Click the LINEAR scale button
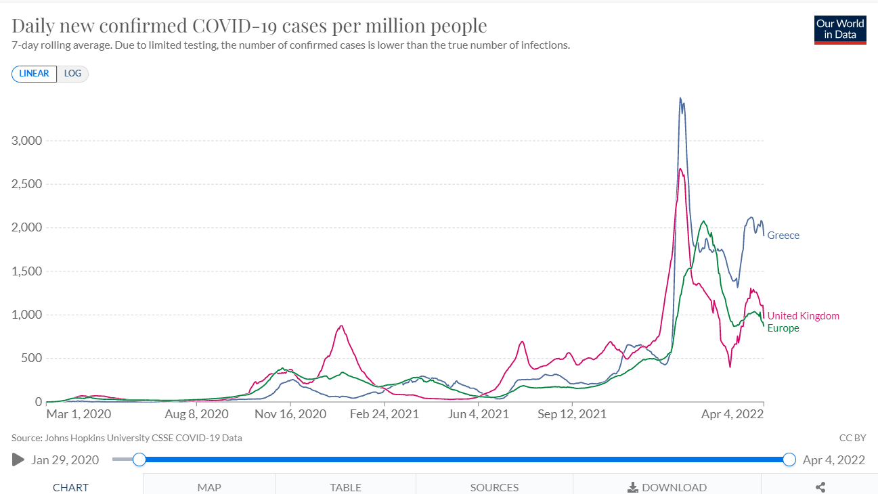(x=34, y=73)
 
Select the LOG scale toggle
(x=72, y=73)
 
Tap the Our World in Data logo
(x=840, y=30)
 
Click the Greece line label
(x=783, y=235)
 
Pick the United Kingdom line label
(x=803, y=316)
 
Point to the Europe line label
(x=783, y=328)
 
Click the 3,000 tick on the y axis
(x=27, y=141)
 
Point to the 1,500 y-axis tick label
(x=27, y=271)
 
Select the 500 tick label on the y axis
(x=31, y=358)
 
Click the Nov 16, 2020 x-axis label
(x=290, y=413)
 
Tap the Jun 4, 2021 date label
(x=479, y=413)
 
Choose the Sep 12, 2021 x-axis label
(x=572, y=413)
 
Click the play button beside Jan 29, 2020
(x=18, y=460)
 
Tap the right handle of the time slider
(x=789, y=460)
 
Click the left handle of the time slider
(x=139, y=460)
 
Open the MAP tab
(x=209, y=487)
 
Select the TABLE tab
(x=345, y=487)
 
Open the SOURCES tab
(x=494, y=487)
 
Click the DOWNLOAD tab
(x=667, y=487)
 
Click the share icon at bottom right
(x=820, y=487)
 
